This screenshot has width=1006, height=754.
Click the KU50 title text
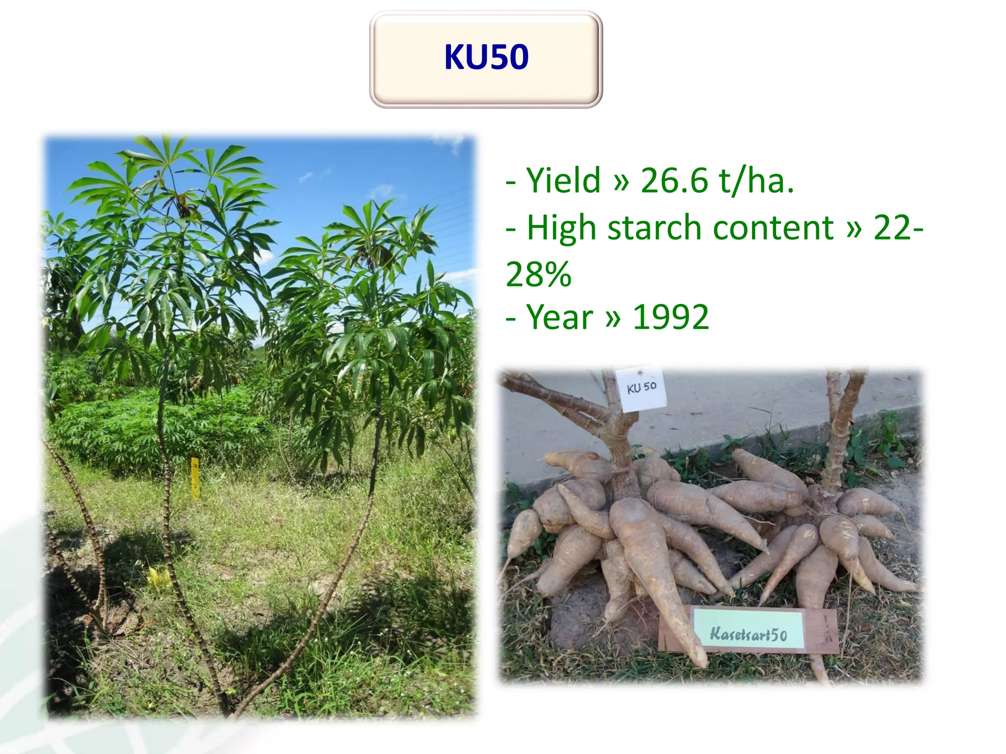[486, 57]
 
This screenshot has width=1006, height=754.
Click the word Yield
[563, 180]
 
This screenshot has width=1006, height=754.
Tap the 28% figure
[538, 274]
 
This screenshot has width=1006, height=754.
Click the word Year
[560, 317]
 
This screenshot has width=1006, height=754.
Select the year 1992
[671, 317]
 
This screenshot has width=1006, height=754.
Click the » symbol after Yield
[621, 181]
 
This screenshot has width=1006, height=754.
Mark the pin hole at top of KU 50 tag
[640, 373]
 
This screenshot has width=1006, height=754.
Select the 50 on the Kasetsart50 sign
[779, 635]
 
